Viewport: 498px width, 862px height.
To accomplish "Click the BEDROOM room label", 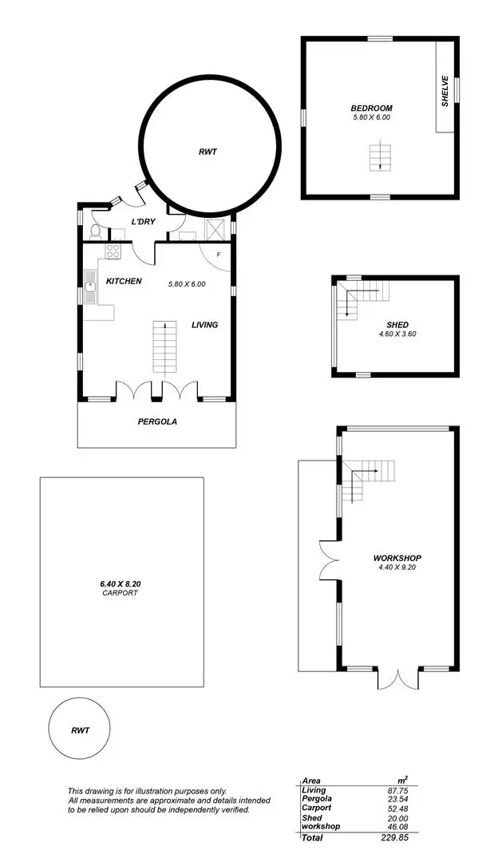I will tap(371, 108).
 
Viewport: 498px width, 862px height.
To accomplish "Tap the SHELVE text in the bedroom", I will tap(446, 91).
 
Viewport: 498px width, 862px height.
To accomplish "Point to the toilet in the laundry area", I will tap(96, 231).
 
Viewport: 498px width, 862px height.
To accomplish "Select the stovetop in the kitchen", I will tap(113, 251).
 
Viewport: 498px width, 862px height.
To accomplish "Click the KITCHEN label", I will tap(124, 281).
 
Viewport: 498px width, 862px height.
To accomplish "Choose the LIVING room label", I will tap(204, 325).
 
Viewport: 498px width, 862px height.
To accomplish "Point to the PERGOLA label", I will tap(156, 421).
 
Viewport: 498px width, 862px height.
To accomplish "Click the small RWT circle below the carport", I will tap(80, 730).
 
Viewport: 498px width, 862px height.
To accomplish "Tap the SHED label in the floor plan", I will tap(397, 324).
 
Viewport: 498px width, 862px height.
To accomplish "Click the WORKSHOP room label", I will tap(397, 558).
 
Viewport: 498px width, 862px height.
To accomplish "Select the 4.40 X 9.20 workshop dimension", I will tap(397, 567).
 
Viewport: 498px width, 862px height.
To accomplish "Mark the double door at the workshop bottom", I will tap(397, 678).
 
